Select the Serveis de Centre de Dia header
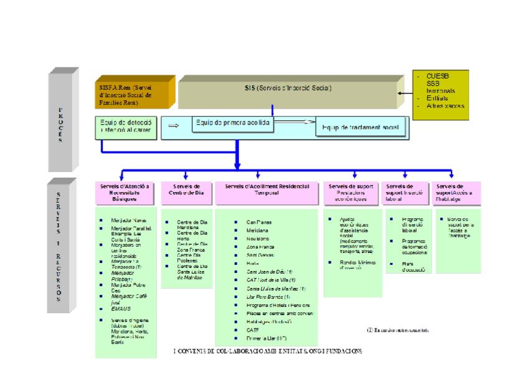pyautogui.click(x=187, y=189)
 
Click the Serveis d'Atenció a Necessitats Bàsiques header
pyautogui.click(x=125, y=193)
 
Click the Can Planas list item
pyautogui.click(x=259, y=222)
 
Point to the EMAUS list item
pyautogui.click(x=120, y=309)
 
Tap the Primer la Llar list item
pyautogui.click(x=266, y=338)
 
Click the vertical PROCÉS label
pyautogui.click(x=60, y=125)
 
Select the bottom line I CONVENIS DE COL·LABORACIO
pyautogui.click(x=268, y=351)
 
